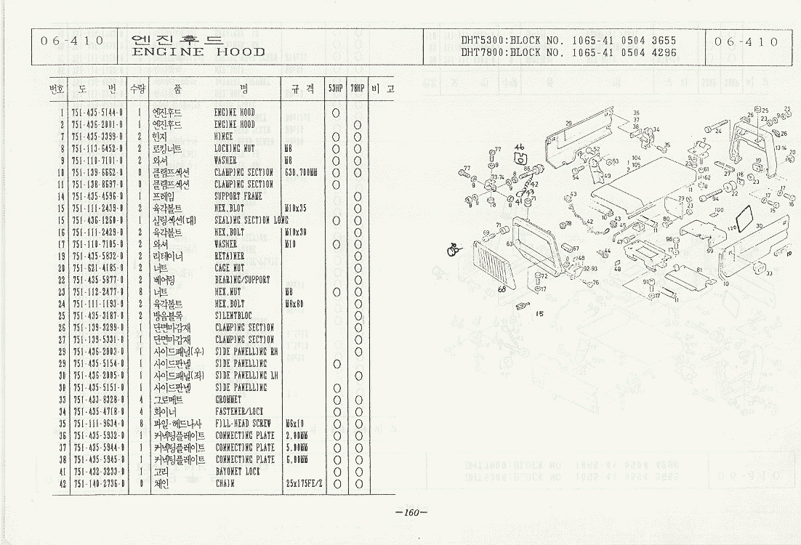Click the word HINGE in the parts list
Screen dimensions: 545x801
coord(223,137)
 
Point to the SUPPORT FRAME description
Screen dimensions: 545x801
coord(238,196)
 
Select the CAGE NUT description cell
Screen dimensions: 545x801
coord(232,267)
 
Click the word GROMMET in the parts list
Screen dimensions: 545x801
coord(230,399)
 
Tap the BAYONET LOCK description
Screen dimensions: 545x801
coord(238,470)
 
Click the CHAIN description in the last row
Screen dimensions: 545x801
coord(225,483)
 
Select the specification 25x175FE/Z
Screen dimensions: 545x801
coord(303,483)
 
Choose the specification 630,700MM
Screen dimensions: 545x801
coord(302,172)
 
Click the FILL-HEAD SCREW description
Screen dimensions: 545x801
coord(243,423)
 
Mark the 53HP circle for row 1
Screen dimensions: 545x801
coord(336,113)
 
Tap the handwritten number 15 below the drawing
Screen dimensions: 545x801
coord(539,314)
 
